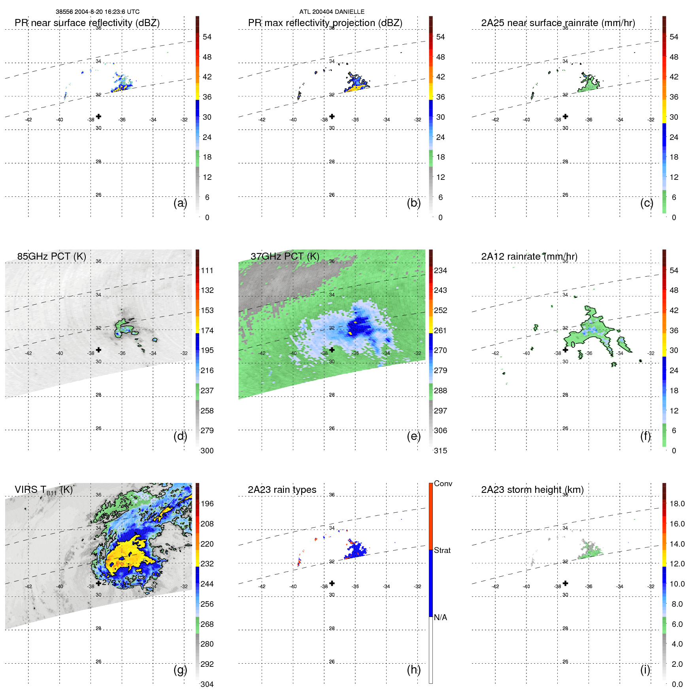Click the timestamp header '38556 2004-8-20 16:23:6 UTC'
[97, 12]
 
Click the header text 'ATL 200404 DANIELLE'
[332, 12]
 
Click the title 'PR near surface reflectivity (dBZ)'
[87, 23]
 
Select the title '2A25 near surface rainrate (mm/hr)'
[558, 23]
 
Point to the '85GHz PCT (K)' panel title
[51, 257]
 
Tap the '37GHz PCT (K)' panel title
[285, 257]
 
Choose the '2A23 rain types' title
[282, 490]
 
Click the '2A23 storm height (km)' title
[532, 490]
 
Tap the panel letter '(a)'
[180, 203]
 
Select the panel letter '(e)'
[413, 436]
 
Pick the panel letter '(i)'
[645, 670]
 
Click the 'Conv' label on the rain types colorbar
[443, 483]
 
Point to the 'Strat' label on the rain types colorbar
[442, 550]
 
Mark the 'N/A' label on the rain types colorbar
[441, 617]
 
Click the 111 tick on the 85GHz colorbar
[207, 270]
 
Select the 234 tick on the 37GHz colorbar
[440, 270]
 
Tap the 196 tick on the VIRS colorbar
[207, 504]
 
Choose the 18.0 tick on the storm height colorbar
[677, 504]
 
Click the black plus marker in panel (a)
[98, 116]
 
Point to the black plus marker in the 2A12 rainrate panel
[565, 350]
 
